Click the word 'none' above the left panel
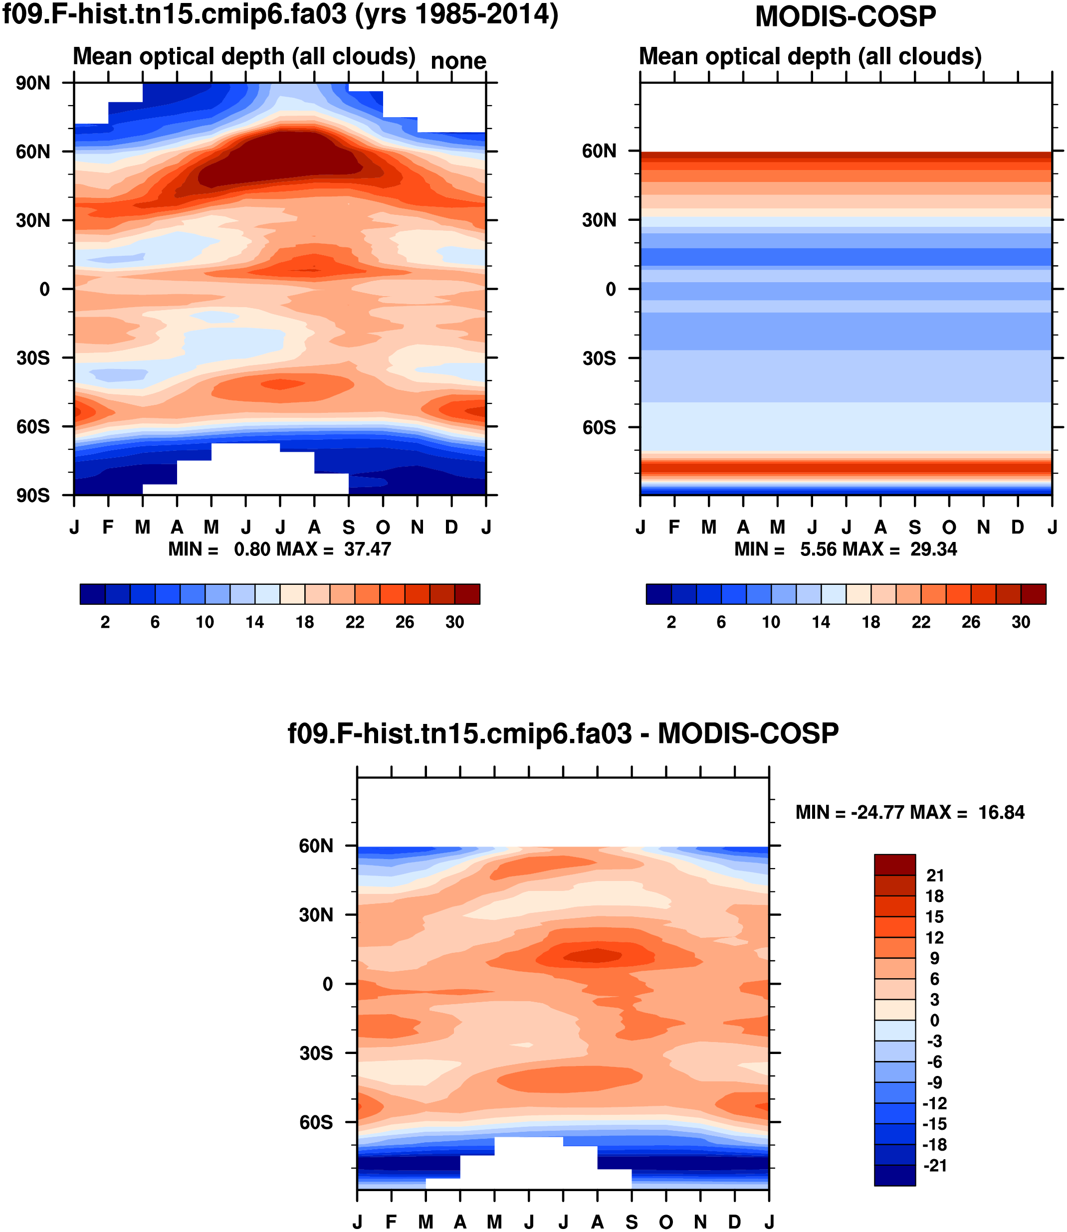tap(458, 61)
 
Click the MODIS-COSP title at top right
tap(846, 16)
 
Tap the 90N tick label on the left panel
tap(33, 83)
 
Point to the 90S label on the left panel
tap(33, 496)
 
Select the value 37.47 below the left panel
tap(367, 549)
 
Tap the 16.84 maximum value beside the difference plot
tap(1002, 812)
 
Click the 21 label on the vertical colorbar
tap(935, 876)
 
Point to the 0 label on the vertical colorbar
tap(935, 1021)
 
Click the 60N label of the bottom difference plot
tap(316, 846)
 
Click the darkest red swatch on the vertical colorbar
tap(894, 865)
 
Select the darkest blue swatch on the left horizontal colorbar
tap(92, 594)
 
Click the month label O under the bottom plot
tap(666, 1223)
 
